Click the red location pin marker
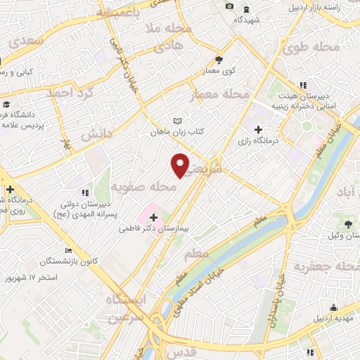(x=181, y=165)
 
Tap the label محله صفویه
(x=143, y=188)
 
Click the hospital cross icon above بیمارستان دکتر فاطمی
(x=153, y=218)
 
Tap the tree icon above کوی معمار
(x=219, y=59)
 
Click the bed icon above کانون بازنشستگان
(x=68, y=250)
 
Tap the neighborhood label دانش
(x=96, y=134)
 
